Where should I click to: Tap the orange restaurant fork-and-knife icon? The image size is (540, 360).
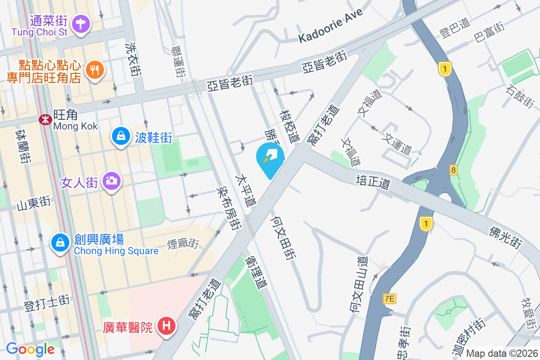[94, 70]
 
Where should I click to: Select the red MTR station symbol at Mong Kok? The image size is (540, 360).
[45, 120]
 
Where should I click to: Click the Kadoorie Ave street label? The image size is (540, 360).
[331, 25]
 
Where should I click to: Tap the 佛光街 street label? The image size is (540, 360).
[505, 237]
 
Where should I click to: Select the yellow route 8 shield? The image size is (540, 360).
[453, 170]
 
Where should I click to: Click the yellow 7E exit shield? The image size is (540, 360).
[390, 298]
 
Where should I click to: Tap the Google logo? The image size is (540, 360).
[30, 349]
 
